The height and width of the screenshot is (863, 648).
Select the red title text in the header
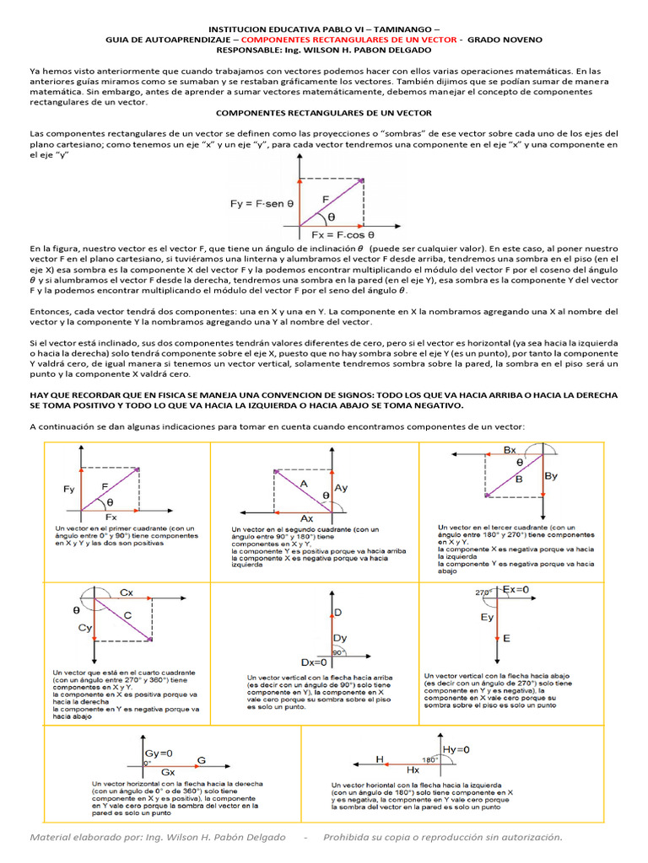point(348,39)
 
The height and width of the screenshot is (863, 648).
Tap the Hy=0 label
point(456,749)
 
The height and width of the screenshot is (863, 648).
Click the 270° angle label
point(483,592)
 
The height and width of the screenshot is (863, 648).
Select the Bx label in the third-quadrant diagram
point(510,450)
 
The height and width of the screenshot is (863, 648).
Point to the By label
point(552,476)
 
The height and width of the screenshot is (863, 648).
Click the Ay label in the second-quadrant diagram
point(341,488)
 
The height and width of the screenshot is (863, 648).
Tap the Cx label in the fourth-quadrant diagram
point(127,592)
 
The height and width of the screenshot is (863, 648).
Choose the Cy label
point(84,628)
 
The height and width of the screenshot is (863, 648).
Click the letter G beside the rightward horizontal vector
point(201,760)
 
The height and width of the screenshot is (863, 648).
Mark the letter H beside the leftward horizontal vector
point(380,758)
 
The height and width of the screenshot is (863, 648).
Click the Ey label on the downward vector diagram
point(486,618)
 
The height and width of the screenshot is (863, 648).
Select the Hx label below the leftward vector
point(413,770)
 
